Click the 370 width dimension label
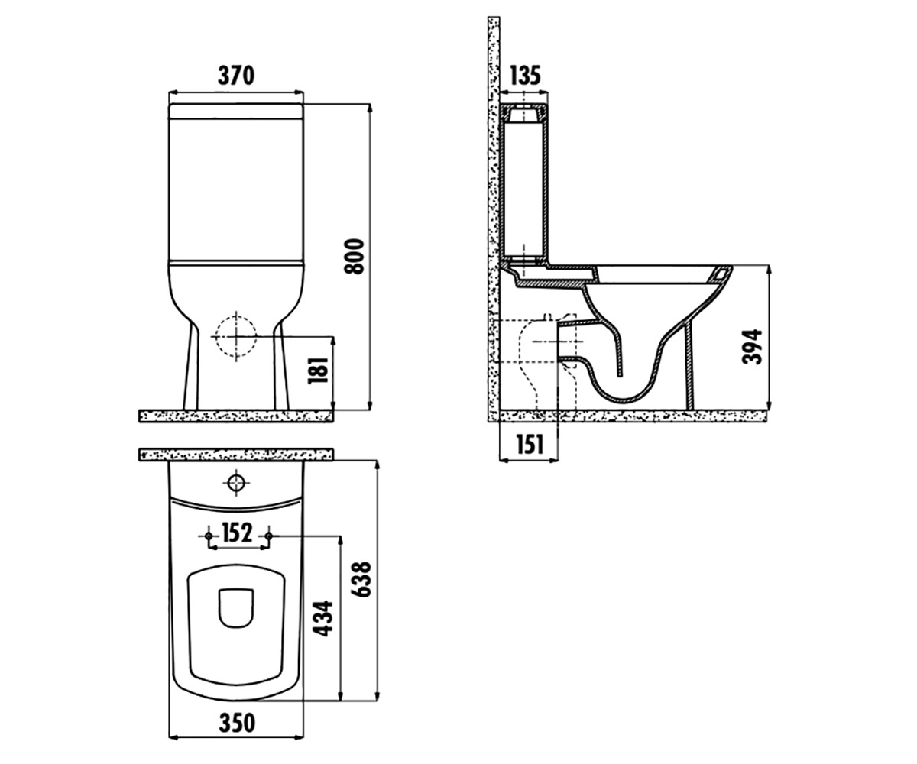[x=236, y=76]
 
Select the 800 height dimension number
[x=355, y=257]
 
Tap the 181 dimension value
[x=319, y=371]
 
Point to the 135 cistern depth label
[x=525, y=75]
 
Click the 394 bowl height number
[x=752, y=346]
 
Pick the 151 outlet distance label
[x=530, y=445]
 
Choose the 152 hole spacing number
[x=237, y=533]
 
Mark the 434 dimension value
[x=325, y=618]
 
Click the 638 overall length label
[x=363, y=579]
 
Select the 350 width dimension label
[x=237, y=723]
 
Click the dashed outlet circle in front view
[x=236, y=337]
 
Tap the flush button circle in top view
[x=236, y=483]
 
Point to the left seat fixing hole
[x=209, y=536]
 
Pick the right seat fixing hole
[x=269, y=536]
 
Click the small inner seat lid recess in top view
[x=236, y=607]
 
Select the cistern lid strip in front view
[x=236, y=111]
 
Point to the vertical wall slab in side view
[x=494, y=219]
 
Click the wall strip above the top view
[x=236, y=455]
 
